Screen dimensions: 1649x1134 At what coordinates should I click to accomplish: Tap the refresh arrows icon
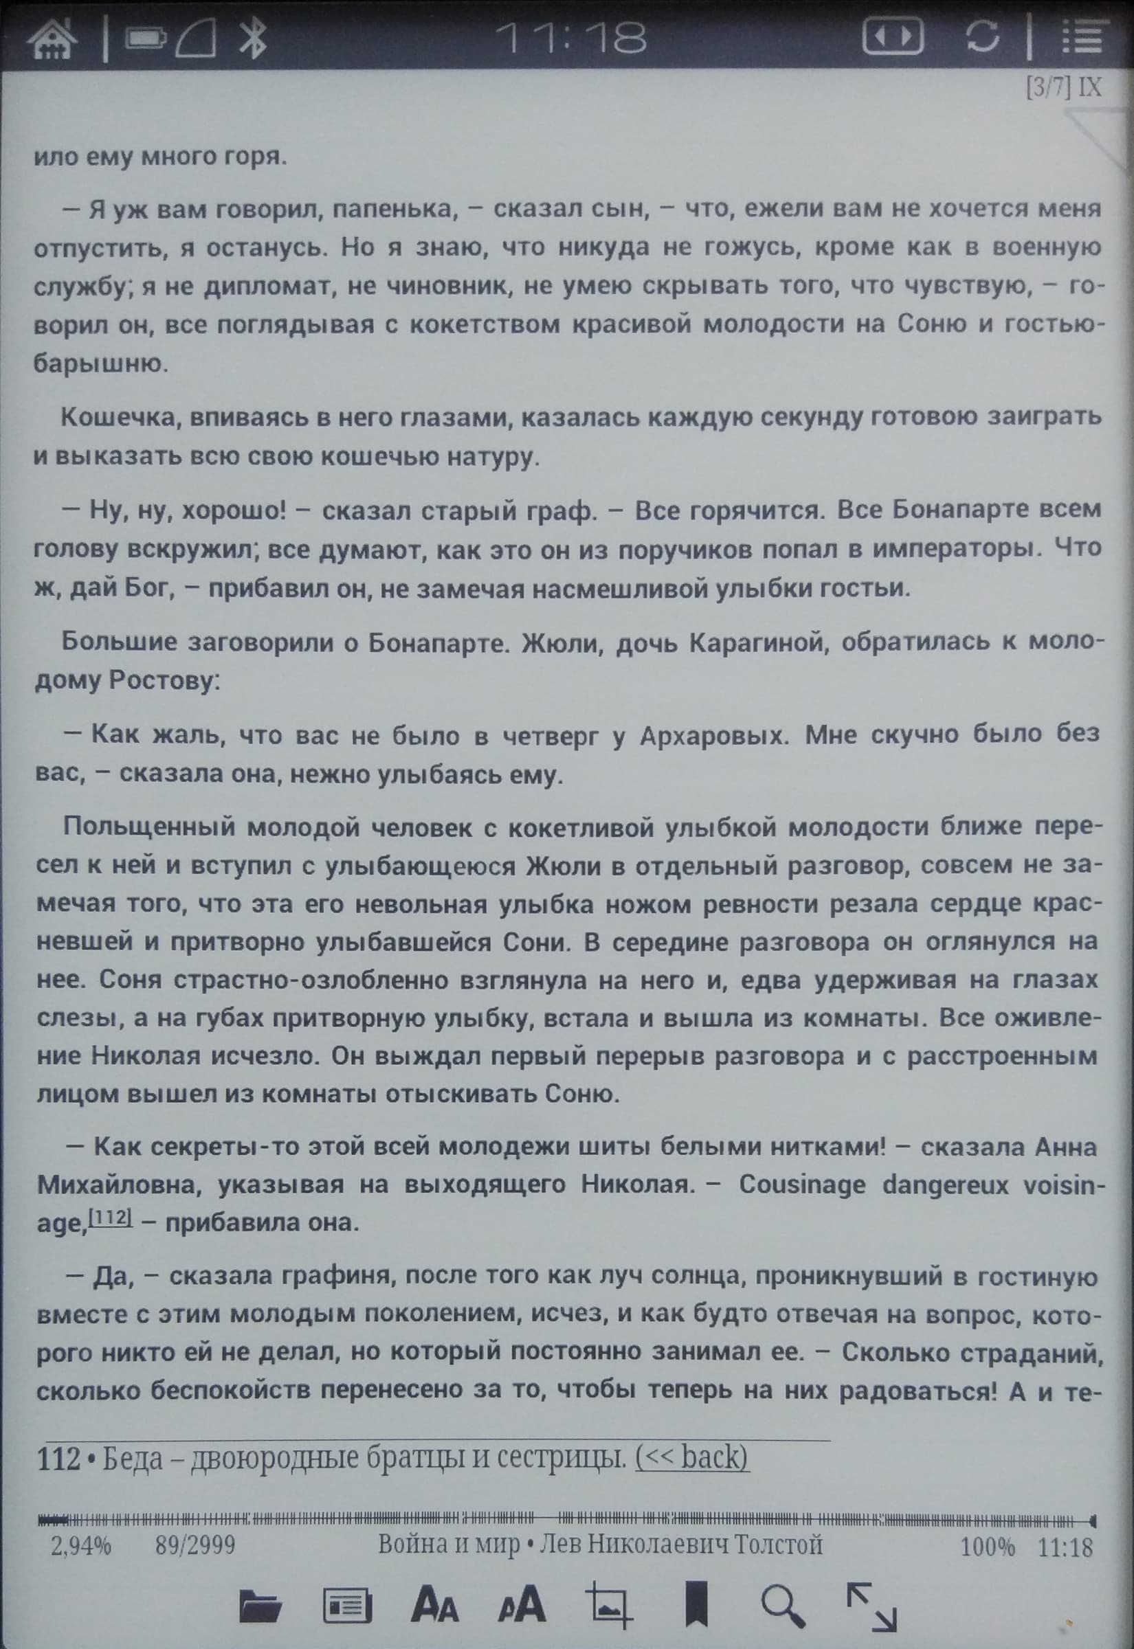tap(983, 37)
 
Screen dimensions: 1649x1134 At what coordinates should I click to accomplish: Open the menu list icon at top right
tap(1083, 37)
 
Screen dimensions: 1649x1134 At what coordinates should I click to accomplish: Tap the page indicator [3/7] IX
tap(1064, 88)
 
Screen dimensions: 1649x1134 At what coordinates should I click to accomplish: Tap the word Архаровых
tap(714, 736)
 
